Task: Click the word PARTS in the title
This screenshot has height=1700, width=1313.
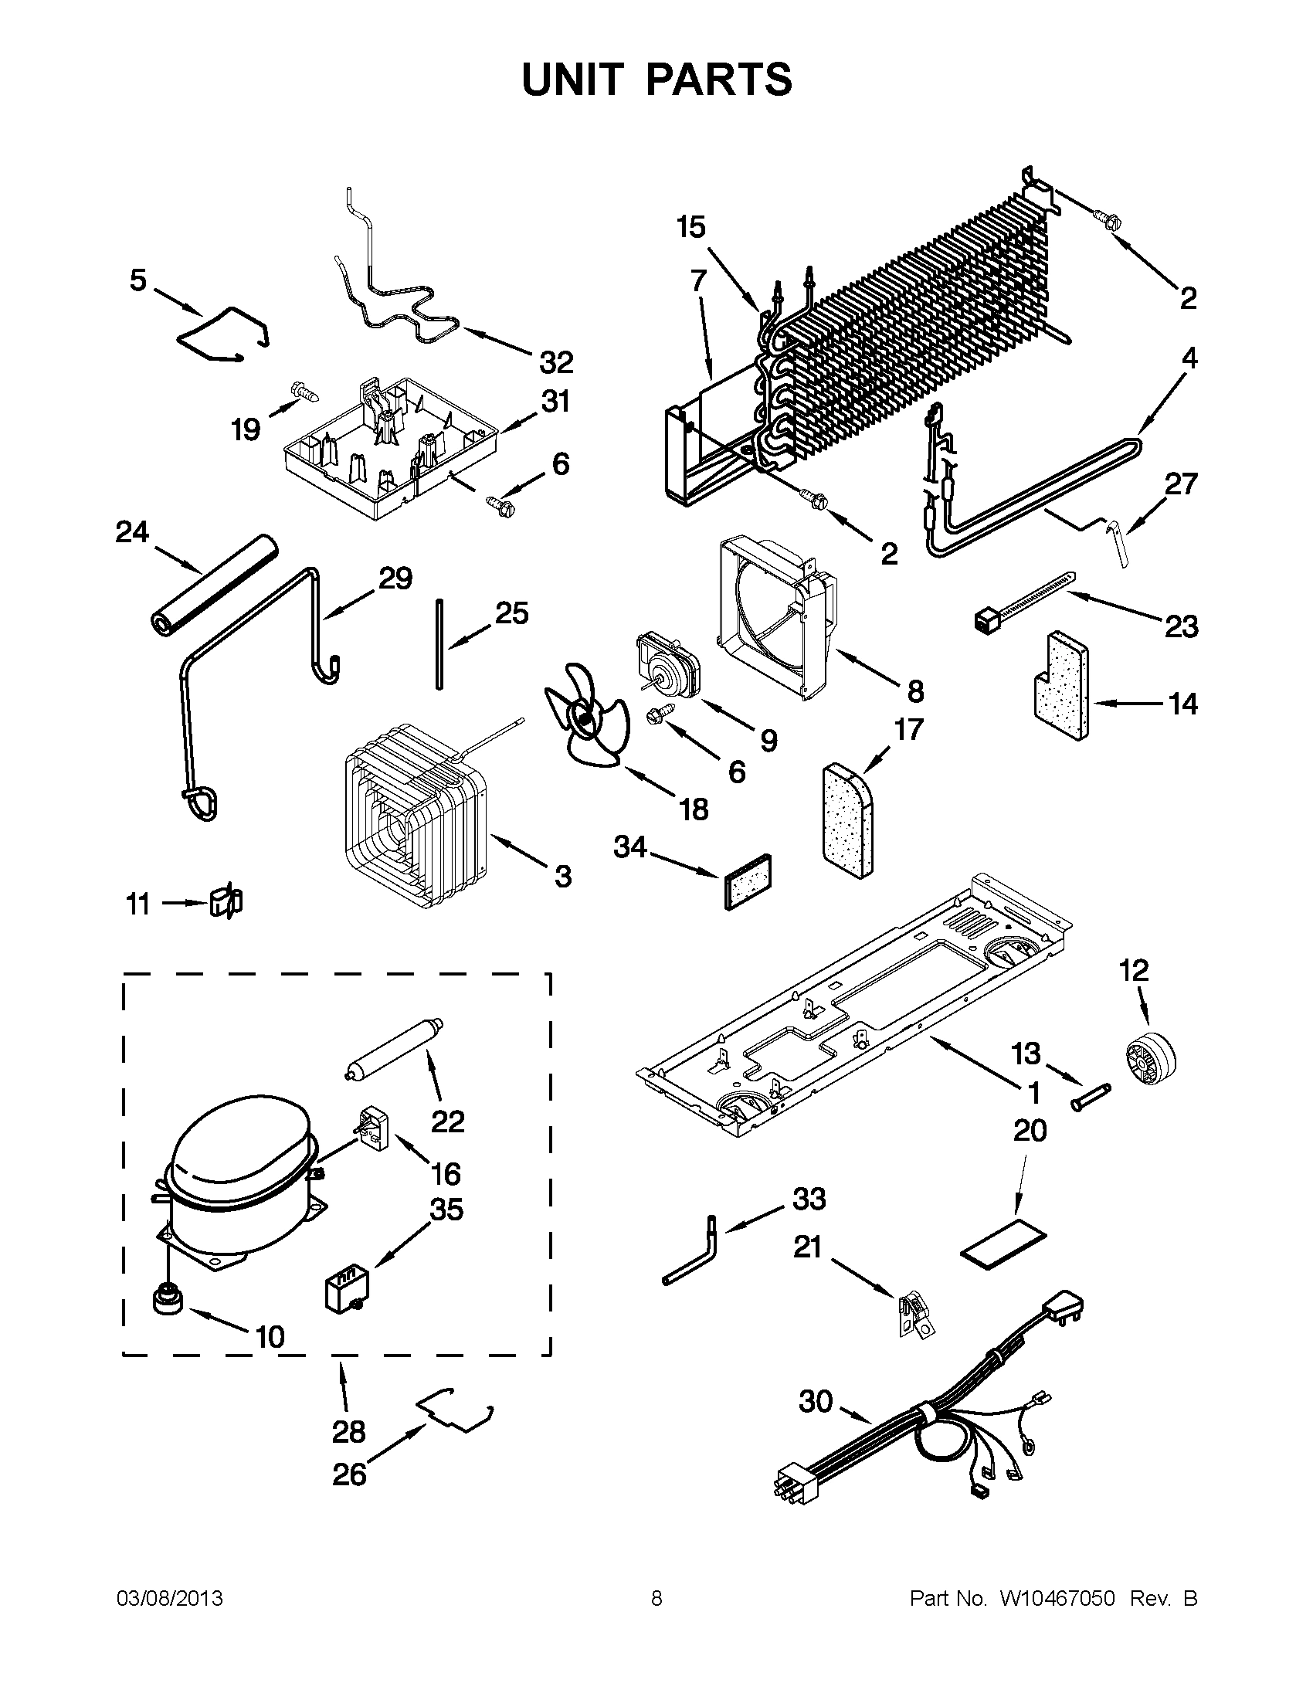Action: (x=719, y=80)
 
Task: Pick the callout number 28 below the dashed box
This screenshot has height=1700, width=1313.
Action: (x=348, y=1430)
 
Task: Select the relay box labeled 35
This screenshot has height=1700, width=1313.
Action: (x=348, y=1292)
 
